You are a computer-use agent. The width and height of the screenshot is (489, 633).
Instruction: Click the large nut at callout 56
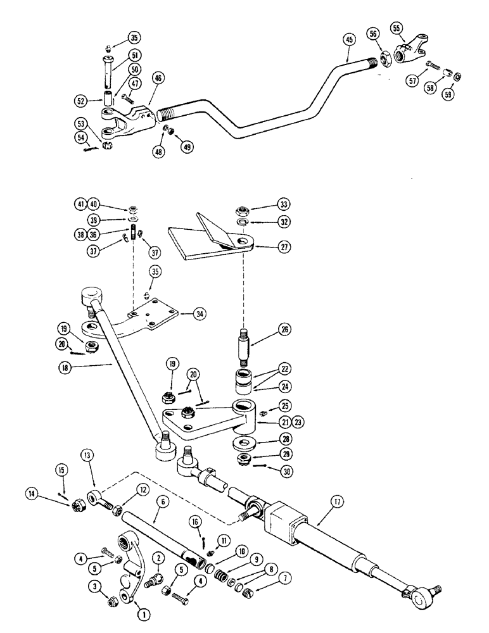coord(384,61)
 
